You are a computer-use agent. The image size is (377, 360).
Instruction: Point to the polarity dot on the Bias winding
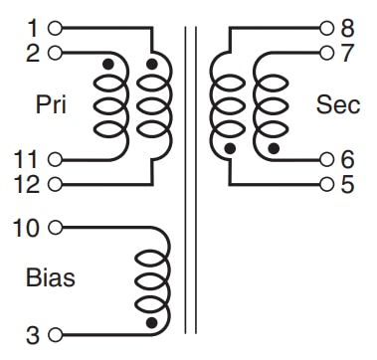coord(151,322)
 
